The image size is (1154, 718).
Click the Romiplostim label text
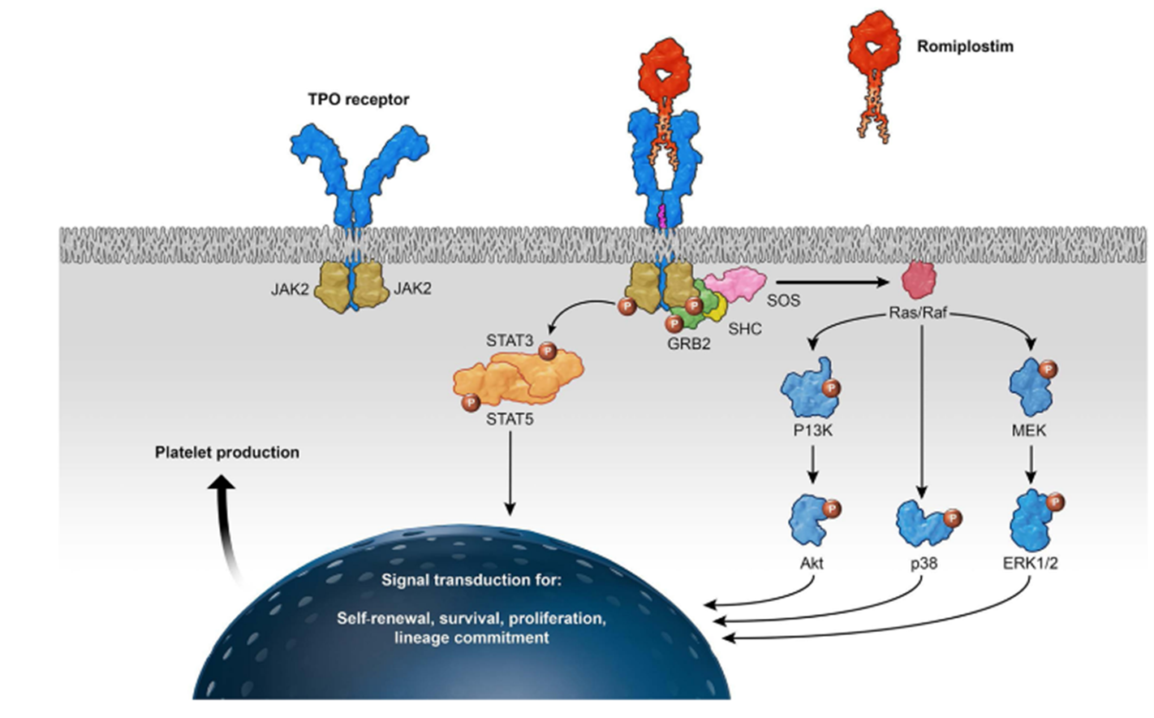pyautogui.click(x=965, y=46)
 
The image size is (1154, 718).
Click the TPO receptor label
pyautogui.click(x=358, y=99)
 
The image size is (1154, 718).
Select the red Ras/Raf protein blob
pyautogui.click(x=920, y=280)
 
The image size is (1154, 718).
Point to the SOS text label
pyautogui.click(x=783, y=301)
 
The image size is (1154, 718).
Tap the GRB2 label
pyautogui.click(x=689, y=344)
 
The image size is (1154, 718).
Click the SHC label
pyautogui.click(x=745, y=329)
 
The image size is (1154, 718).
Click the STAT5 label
pyautogui.click(x=510, y=419)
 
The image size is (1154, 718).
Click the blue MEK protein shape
pyautogui.click(x=1031, y=387)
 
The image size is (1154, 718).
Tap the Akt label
pyautogui.click(x=812, y=562)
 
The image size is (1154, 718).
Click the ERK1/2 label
pyautogui.click(x=1030, y=562)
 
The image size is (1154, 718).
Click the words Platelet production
pyautogui.click(x=227, y=452)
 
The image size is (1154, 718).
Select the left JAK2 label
pyautogui.click(x=290, y=288)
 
